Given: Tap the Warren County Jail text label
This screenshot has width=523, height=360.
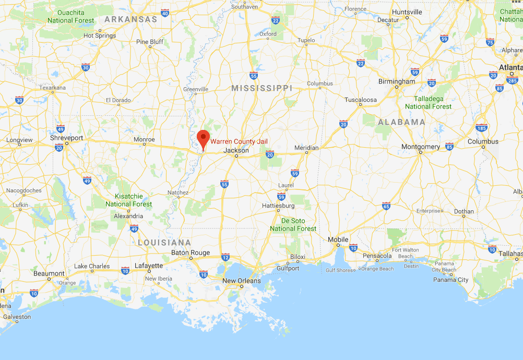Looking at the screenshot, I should coord(239,141).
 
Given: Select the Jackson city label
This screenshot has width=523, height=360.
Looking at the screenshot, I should coord(236,150).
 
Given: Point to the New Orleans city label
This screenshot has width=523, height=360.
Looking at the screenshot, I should coord(241,281).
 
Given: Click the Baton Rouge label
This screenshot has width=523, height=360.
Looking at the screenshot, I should coord(191,253).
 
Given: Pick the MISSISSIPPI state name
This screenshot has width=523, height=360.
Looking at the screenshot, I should coord(261,88).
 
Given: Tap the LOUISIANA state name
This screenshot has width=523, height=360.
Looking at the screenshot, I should coord(164,243).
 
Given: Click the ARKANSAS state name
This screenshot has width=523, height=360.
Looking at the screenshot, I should coord(130,19).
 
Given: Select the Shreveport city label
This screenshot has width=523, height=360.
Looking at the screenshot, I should coord(66,138).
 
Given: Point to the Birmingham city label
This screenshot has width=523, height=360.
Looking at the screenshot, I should coord(397,81).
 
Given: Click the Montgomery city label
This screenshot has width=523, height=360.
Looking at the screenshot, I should coord(420,147).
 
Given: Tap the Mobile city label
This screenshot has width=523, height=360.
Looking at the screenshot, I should coord(338,239).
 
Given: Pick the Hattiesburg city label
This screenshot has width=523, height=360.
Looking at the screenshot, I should coord(278,206).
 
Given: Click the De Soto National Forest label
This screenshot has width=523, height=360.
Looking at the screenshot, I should coord(293,225).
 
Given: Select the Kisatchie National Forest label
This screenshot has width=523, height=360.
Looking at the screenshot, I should coord(129,200).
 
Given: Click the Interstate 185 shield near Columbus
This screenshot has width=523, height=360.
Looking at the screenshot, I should coord(481,127).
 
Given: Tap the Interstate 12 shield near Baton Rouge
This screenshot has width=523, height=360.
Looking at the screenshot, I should coord(225,257).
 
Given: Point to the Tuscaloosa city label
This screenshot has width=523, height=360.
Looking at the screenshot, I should coord(360,100).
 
